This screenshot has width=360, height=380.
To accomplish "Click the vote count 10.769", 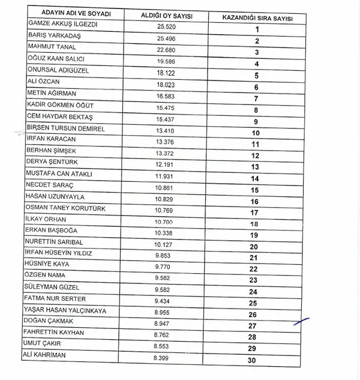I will pos(163,210).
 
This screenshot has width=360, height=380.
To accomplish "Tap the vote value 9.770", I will pos(163,265).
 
